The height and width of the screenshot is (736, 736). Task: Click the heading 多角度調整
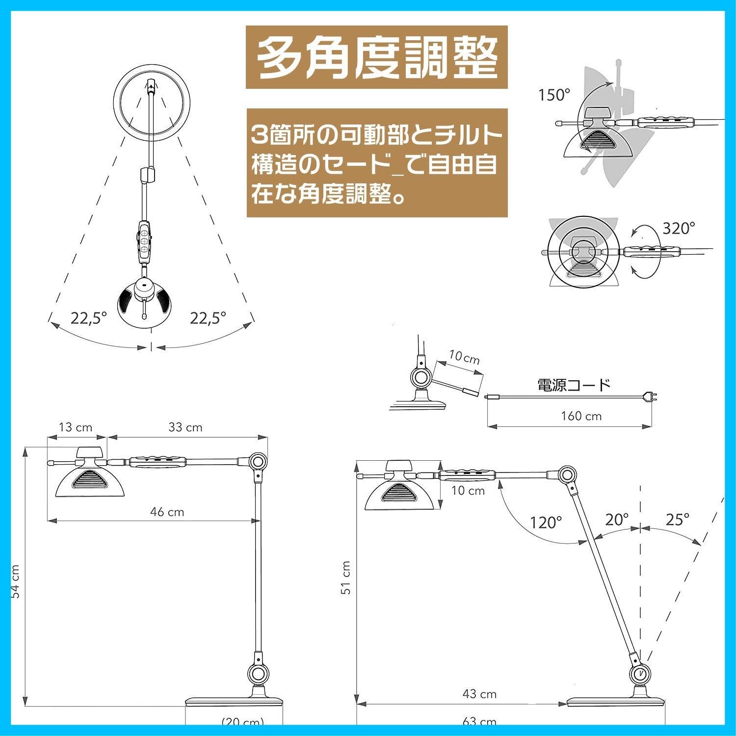point(376,57)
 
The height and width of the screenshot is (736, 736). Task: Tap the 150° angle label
point(554,95)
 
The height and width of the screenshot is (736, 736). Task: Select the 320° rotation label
point(679,228)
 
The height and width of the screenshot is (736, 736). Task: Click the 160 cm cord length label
point(581,416)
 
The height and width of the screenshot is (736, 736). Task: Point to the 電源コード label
point(574,385)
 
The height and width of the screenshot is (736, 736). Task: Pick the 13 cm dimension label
point(75,427)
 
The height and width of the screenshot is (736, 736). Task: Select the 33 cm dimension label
point(185,427)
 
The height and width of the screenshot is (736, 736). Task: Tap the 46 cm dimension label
point(167,512)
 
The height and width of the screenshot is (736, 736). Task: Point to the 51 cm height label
point(346,578)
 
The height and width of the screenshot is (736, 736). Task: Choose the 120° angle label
point(545,523)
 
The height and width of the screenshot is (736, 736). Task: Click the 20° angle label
point(616,520)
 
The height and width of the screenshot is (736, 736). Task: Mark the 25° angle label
point(677,520)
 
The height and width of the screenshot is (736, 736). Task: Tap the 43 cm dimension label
point(479,694)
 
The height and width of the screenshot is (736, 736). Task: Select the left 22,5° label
point(88,318)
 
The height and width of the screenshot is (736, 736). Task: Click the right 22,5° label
point(208,318)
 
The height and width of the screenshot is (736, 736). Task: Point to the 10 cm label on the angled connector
point(464,358)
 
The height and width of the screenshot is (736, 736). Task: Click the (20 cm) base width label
point(242,722)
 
